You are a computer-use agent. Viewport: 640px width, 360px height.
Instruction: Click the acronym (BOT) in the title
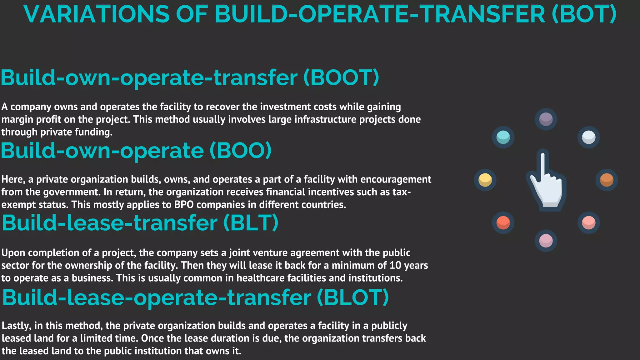584,14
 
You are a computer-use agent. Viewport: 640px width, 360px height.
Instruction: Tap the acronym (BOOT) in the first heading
341,77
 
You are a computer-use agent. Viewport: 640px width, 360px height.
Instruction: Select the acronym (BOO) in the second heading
240,151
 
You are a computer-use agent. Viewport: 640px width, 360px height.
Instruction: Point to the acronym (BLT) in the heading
251,223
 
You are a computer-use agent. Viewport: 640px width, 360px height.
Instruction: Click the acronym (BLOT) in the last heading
353,297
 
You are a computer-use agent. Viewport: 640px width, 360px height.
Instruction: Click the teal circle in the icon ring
503,137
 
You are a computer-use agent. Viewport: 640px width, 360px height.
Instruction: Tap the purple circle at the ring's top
546,119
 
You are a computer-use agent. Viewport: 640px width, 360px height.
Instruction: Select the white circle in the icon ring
589,137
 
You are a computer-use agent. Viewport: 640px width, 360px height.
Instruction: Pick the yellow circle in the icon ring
485,180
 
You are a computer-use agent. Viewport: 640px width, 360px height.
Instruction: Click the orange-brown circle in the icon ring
607,180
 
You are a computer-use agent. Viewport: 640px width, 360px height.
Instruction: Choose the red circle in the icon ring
503,223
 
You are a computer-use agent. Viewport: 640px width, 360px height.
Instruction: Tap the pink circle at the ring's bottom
546,241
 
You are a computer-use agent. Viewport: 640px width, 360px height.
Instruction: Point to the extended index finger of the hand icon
543,162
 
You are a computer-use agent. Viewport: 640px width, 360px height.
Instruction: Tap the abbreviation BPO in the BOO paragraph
184,205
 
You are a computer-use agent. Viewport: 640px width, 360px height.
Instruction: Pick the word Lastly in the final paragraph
16,326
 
